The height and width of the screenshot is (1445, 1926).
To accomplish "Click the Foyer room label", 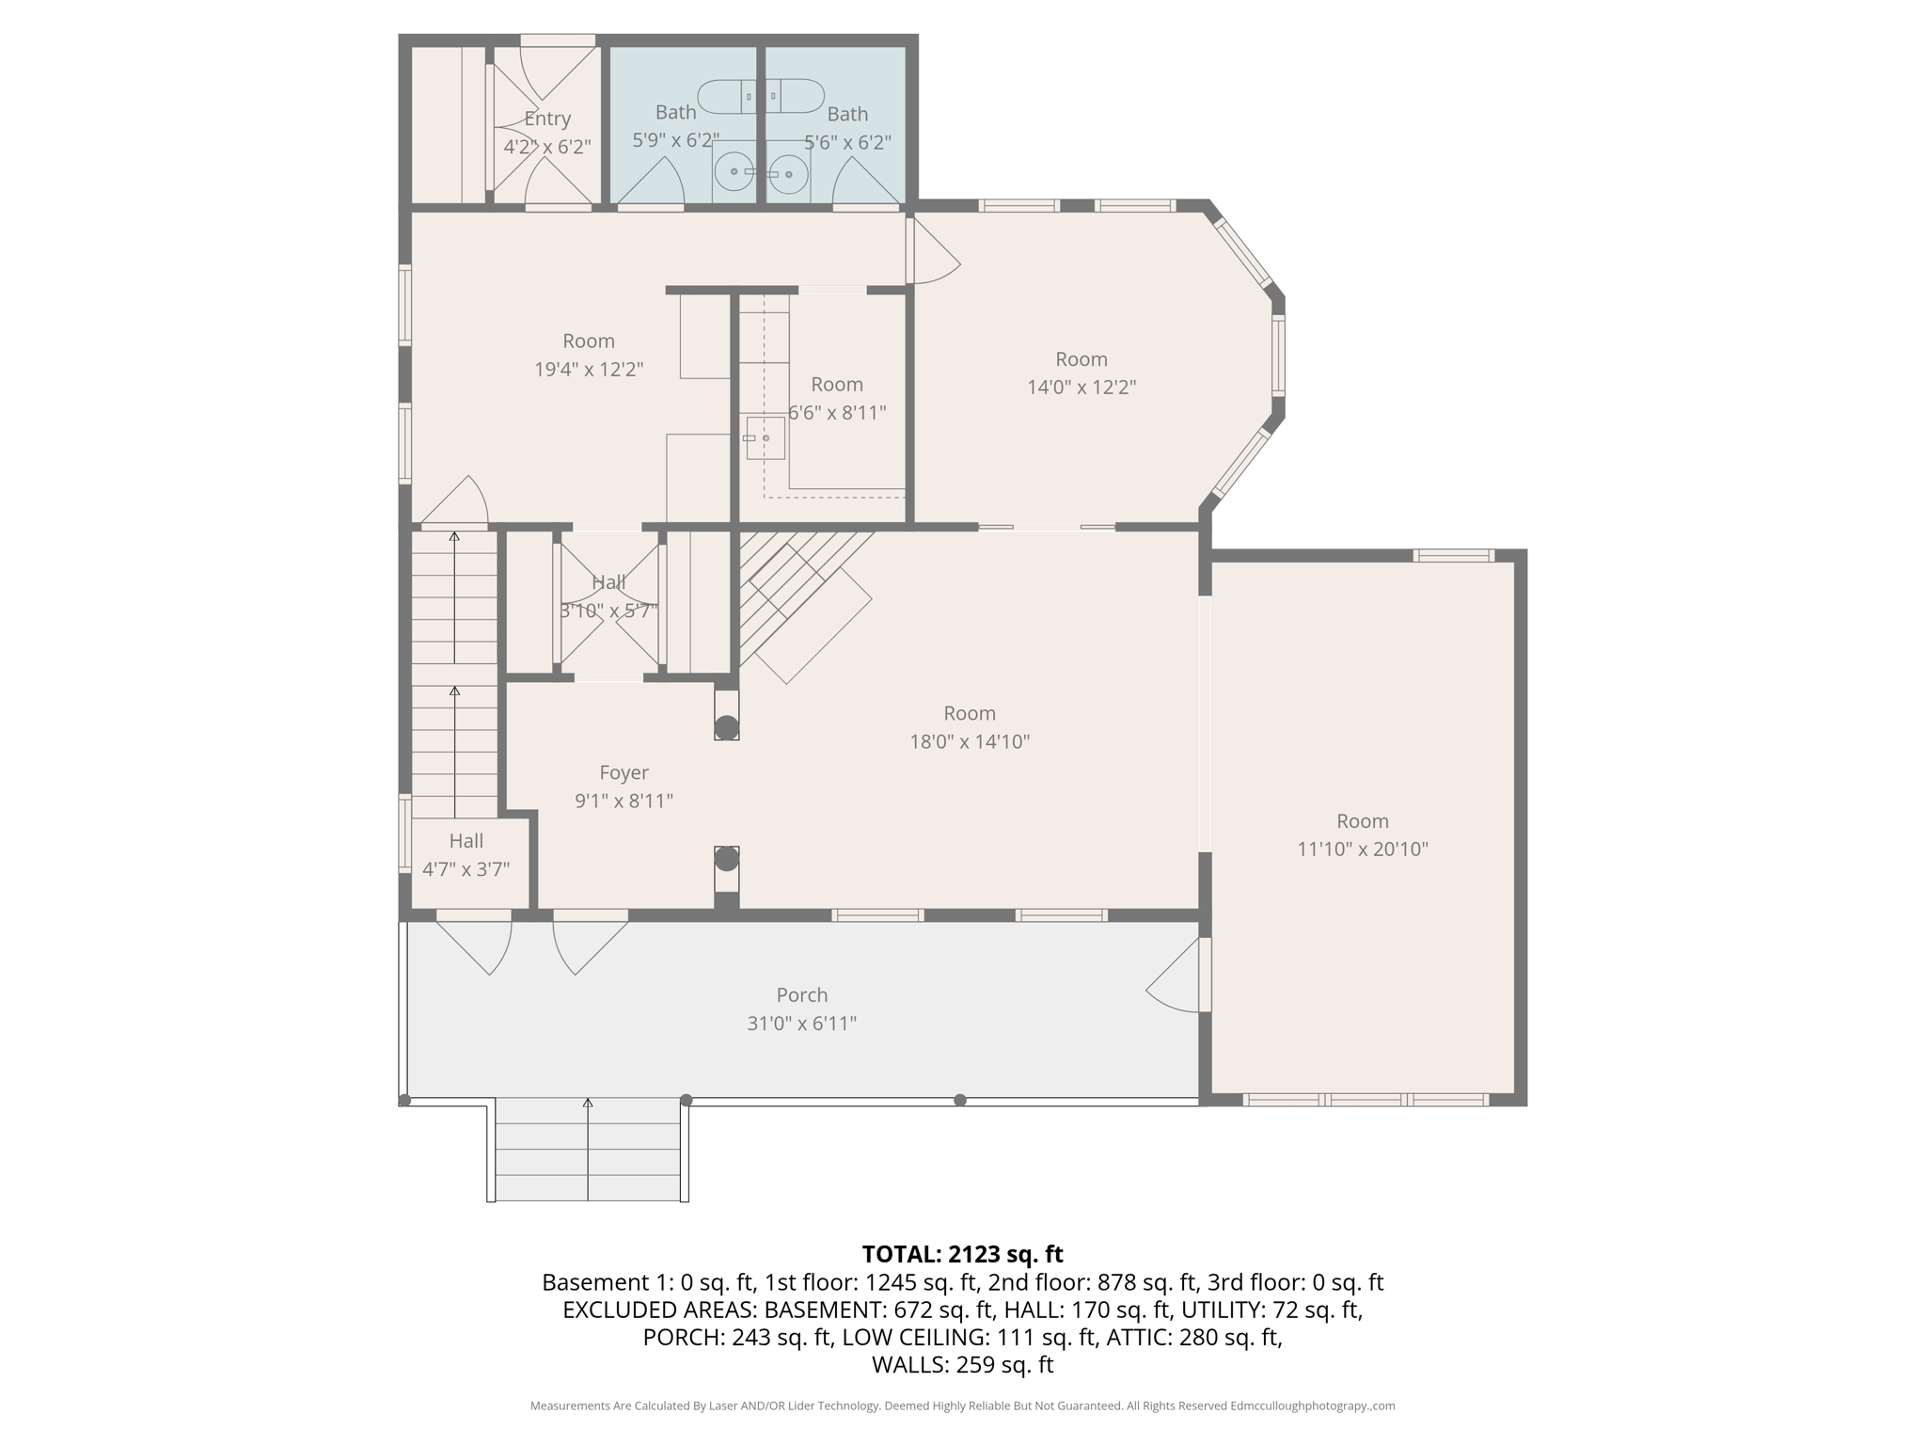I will pos(624,772).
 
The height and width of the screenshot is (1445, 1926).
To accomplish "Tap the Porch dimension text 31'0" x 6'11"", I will pos(801,1023).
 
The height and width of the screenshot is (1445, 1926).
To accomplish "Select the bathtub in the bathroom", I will pos(760,96).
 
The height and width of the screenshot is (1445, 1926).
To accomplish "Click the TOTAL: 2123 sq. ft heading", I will pos(962,1254).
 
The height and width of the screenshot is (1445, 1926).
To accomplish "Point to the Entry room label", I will pos(547,119).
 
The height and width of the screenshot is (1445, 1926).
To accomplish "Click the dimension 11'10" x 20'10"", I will pos(1362,849).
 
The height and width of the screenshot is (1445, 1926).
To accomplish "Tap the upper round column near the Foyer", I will pos(726,727).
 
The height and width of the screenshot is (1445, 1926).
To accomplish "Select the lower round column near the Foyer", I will pos(726,858).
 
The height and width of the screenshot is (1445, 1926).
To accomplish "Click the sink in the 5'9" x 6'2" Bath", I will pos(734,172).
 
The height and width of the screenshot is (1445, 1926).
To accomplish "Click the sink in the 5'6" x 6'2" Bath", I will pos(789,174).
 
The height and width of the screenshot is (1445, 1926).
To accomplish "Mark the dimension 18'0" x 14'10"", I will pos(969,741).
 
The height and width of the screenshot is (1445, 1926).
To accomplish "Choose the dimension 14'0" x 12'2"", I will pos(1081,387).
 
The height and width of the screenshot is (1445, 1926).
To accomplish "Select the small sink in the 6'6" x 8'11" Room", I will pos(766,438).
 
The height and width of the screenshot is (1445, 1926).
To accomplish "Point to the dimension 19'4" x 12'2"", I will pos(588,369).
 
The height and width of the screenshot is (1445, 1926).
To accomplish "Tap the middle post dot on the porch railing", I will pos(686,1100).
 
